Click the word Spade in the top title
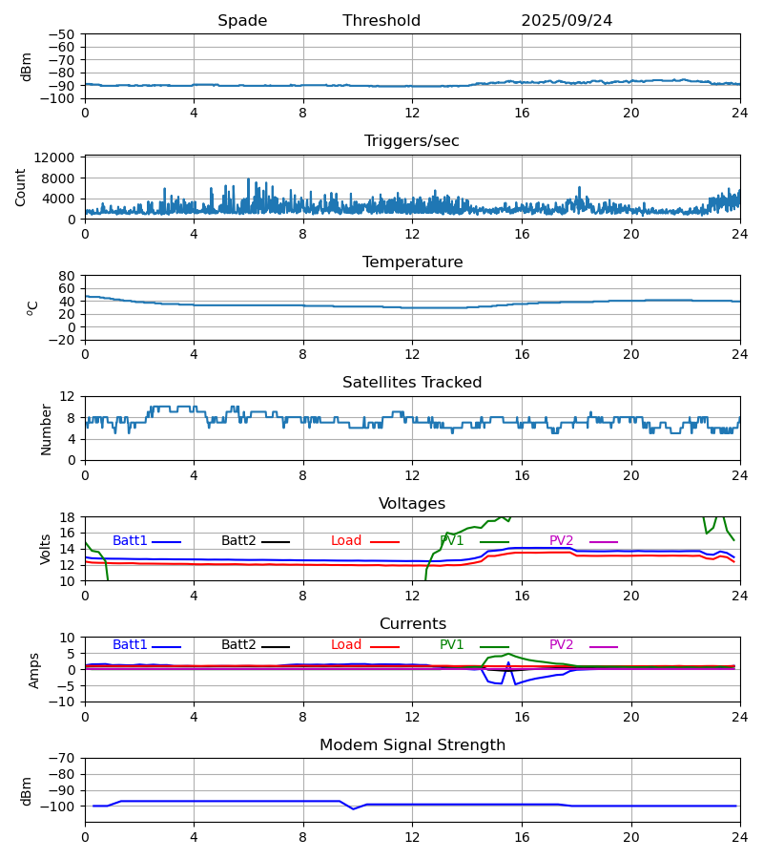[242, 21]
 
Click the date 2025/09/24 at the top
[567, 21]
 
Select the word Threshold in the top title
[381, 21]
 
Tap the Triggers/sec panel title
[412, 141]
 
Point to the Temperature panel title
[412, 262]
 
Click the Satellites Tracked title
[412, 383]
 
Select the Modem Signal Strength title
[412, 745]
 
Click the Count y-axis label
[21, 187]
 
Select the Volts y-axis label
[46, 549]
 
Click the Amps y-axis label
[35, 670]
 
